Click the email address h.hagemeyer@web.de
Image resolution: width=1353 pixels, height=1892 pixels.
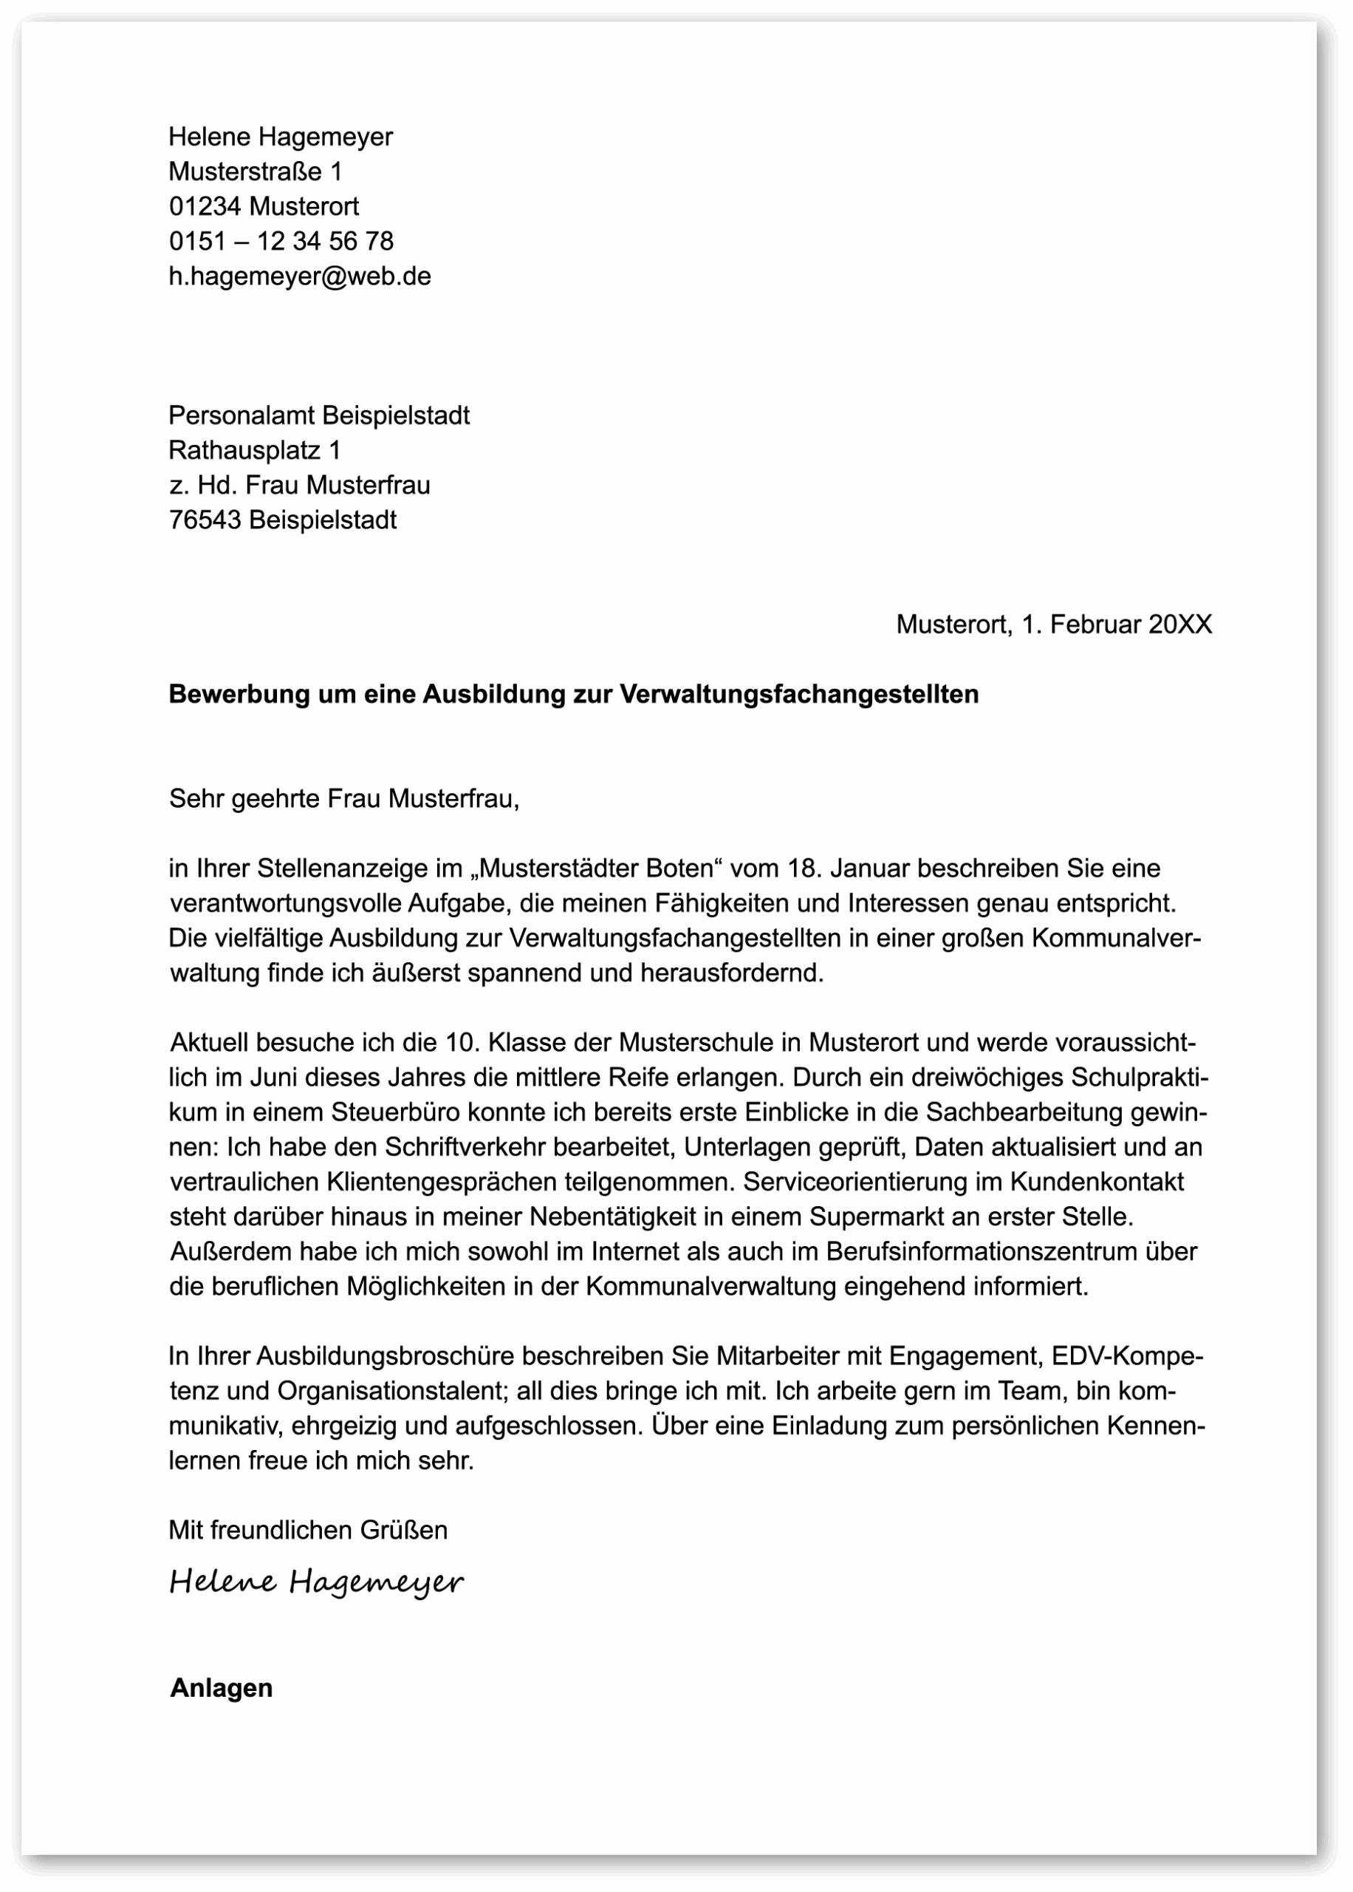[x=300, y=276]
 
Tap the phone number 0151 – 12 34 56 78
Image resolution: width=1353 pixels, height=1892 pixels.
[x=281, y=241]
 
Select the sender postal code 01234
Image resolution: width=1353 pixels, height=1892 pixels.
[x=205, y=206]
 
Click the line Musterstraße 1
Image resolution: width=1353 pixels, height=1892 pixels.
[x=255, y=171]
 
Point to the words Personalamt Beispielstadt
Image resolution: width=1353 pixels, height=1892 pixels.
[x=318, y=415]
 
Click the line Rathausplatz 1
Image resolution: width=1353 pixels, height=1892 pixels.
[x=254, y=450]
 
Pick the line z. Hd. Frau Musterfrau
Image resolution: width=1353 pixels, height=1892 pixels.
[x=299, y=485]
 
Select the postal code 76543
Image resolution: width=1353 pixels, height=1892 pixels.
[x=205, y=520]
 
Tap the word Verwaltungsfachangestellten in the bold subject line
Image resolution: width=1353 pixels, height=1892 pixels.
[x=799, y=694]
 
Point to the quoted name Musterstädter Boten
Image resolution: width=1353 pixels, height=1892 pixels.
[x=597, y=868]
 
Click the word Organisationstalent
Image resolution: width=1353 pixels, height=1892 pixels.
[x=392, y=1391]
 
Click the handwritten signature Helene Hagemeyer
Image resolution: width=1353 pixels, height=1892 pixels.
[x=316, y=1582]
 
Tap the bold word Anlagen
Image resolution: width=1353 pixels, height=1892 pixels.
[x=221, y=1688]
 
